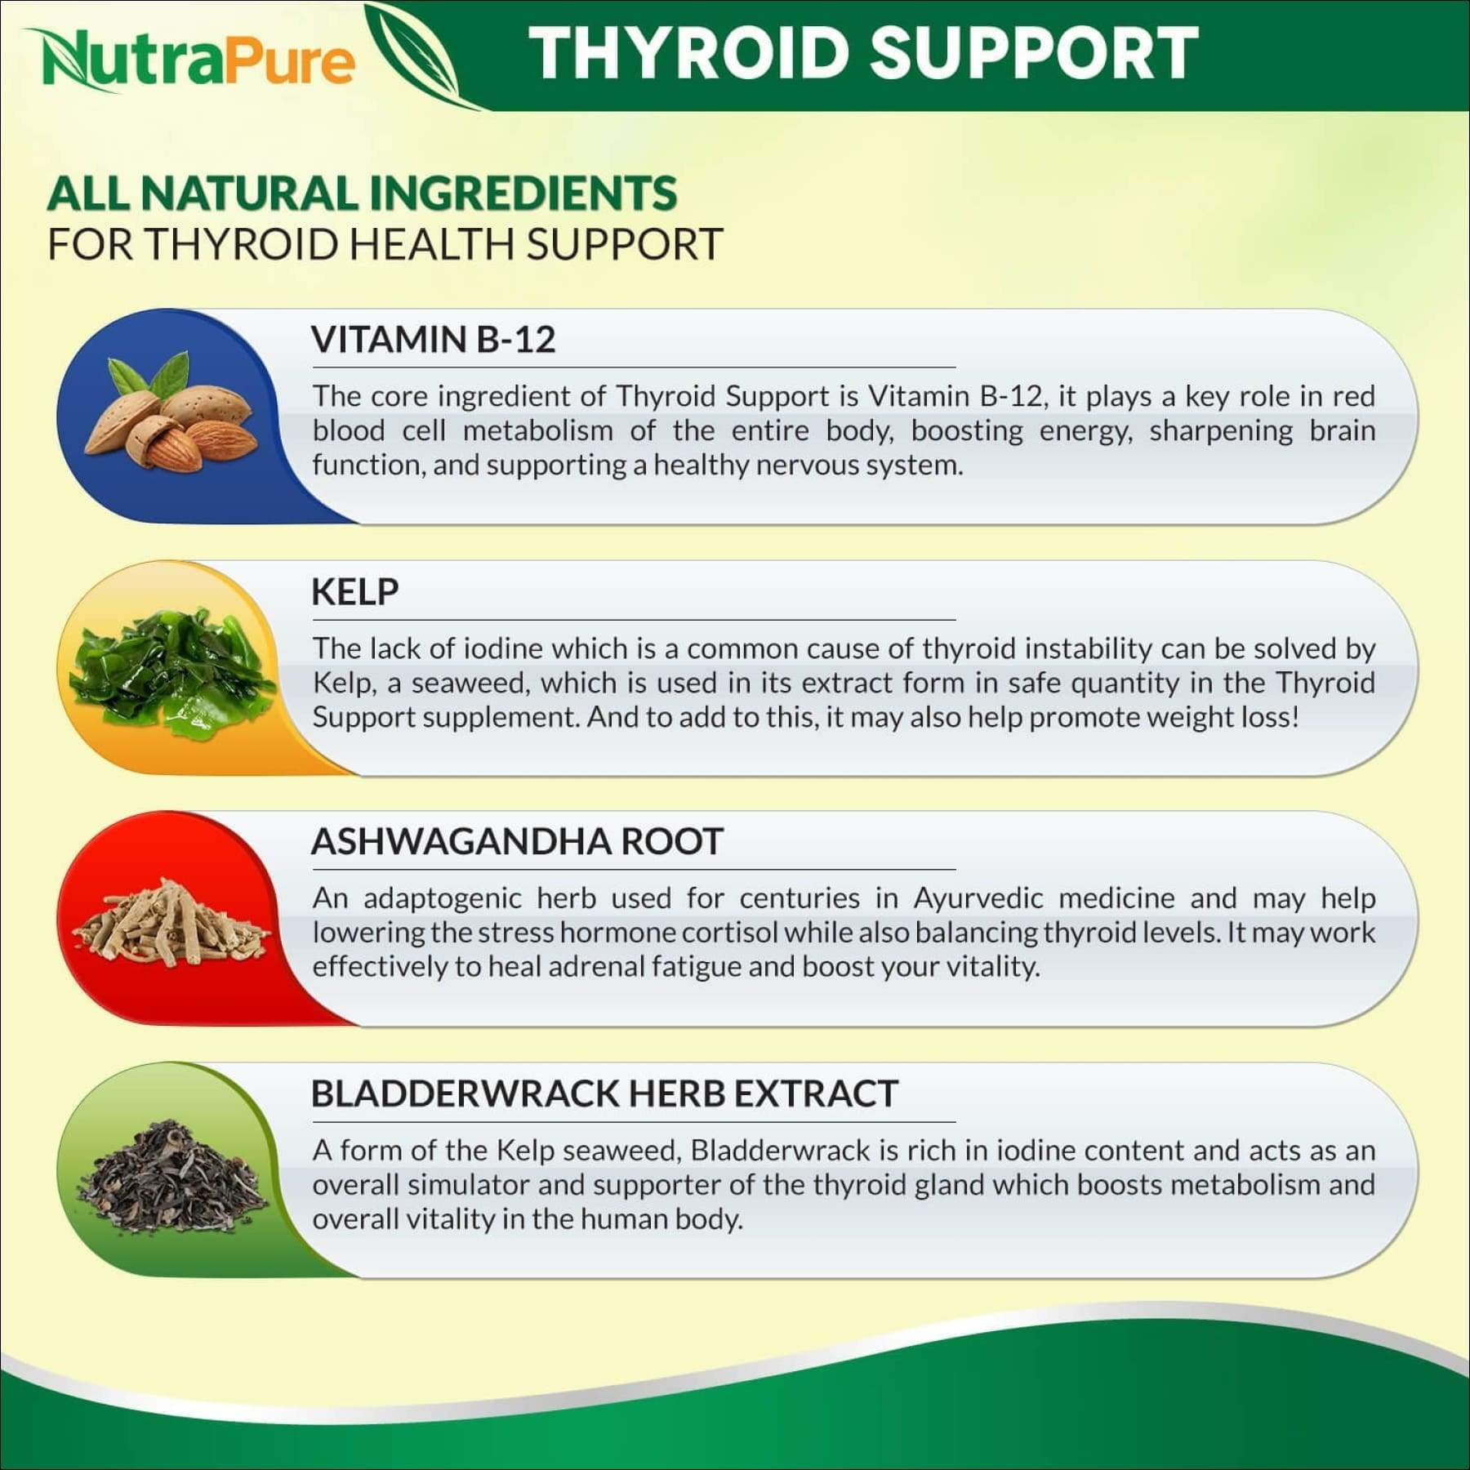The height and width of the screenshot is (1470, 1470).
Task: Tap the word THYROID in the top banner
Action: (x=689, y=53)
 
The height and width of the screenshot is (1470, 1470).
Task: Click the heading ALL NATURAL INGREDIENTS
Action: (x=362, y=194)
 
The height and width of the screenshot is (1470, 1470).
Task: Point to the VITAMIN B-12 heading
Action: (x=433, y=339)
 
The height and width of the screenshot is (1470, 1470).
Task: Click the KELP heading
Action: (x=354, y=591)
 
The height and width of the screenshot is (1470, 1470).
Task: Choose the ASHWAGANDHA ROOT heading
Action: (x=517, y=841)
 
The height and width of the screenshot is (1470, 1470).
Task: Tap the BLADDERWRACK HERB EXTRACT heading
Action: (x=604, y=1094)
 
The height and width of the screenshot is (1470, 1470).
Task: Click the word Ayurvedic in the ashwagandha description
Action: (x=978, y=899)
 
